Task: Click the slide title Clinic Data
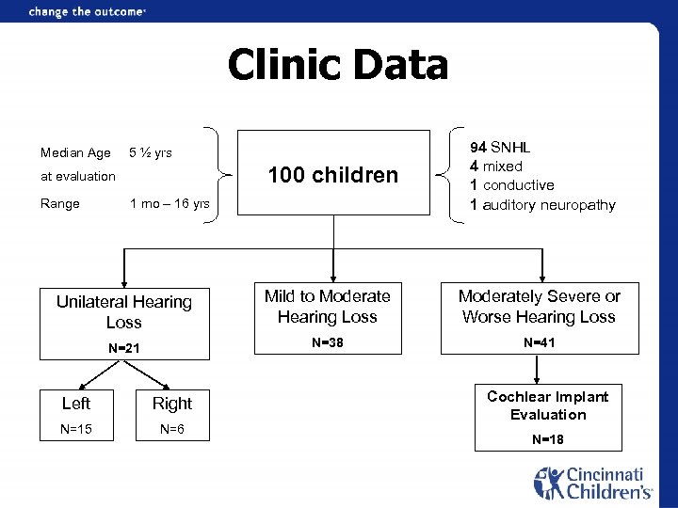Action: pos(338,67)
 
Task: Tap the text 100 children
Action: pos(332,175)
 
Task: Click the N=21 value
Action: pos(123,349)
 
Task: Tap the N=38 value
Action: pos(327,342)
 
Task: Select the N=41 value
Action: pos(540,342)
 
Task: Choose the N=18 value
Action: pos(548,439)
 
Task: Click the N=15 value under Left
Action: pos(76,430)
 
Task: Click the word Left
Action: pos(76,404)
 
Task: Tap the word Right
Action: pos(172,404)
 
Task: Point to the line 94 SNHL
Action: pos(501,148)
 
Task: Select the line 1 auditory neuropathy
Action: pos(542,205)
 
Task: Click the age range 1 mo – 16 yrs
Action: pos(169,204)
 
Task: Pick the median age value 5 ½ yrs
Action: pos(151,152)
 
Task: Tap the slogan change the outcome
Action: pos(88,12)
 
